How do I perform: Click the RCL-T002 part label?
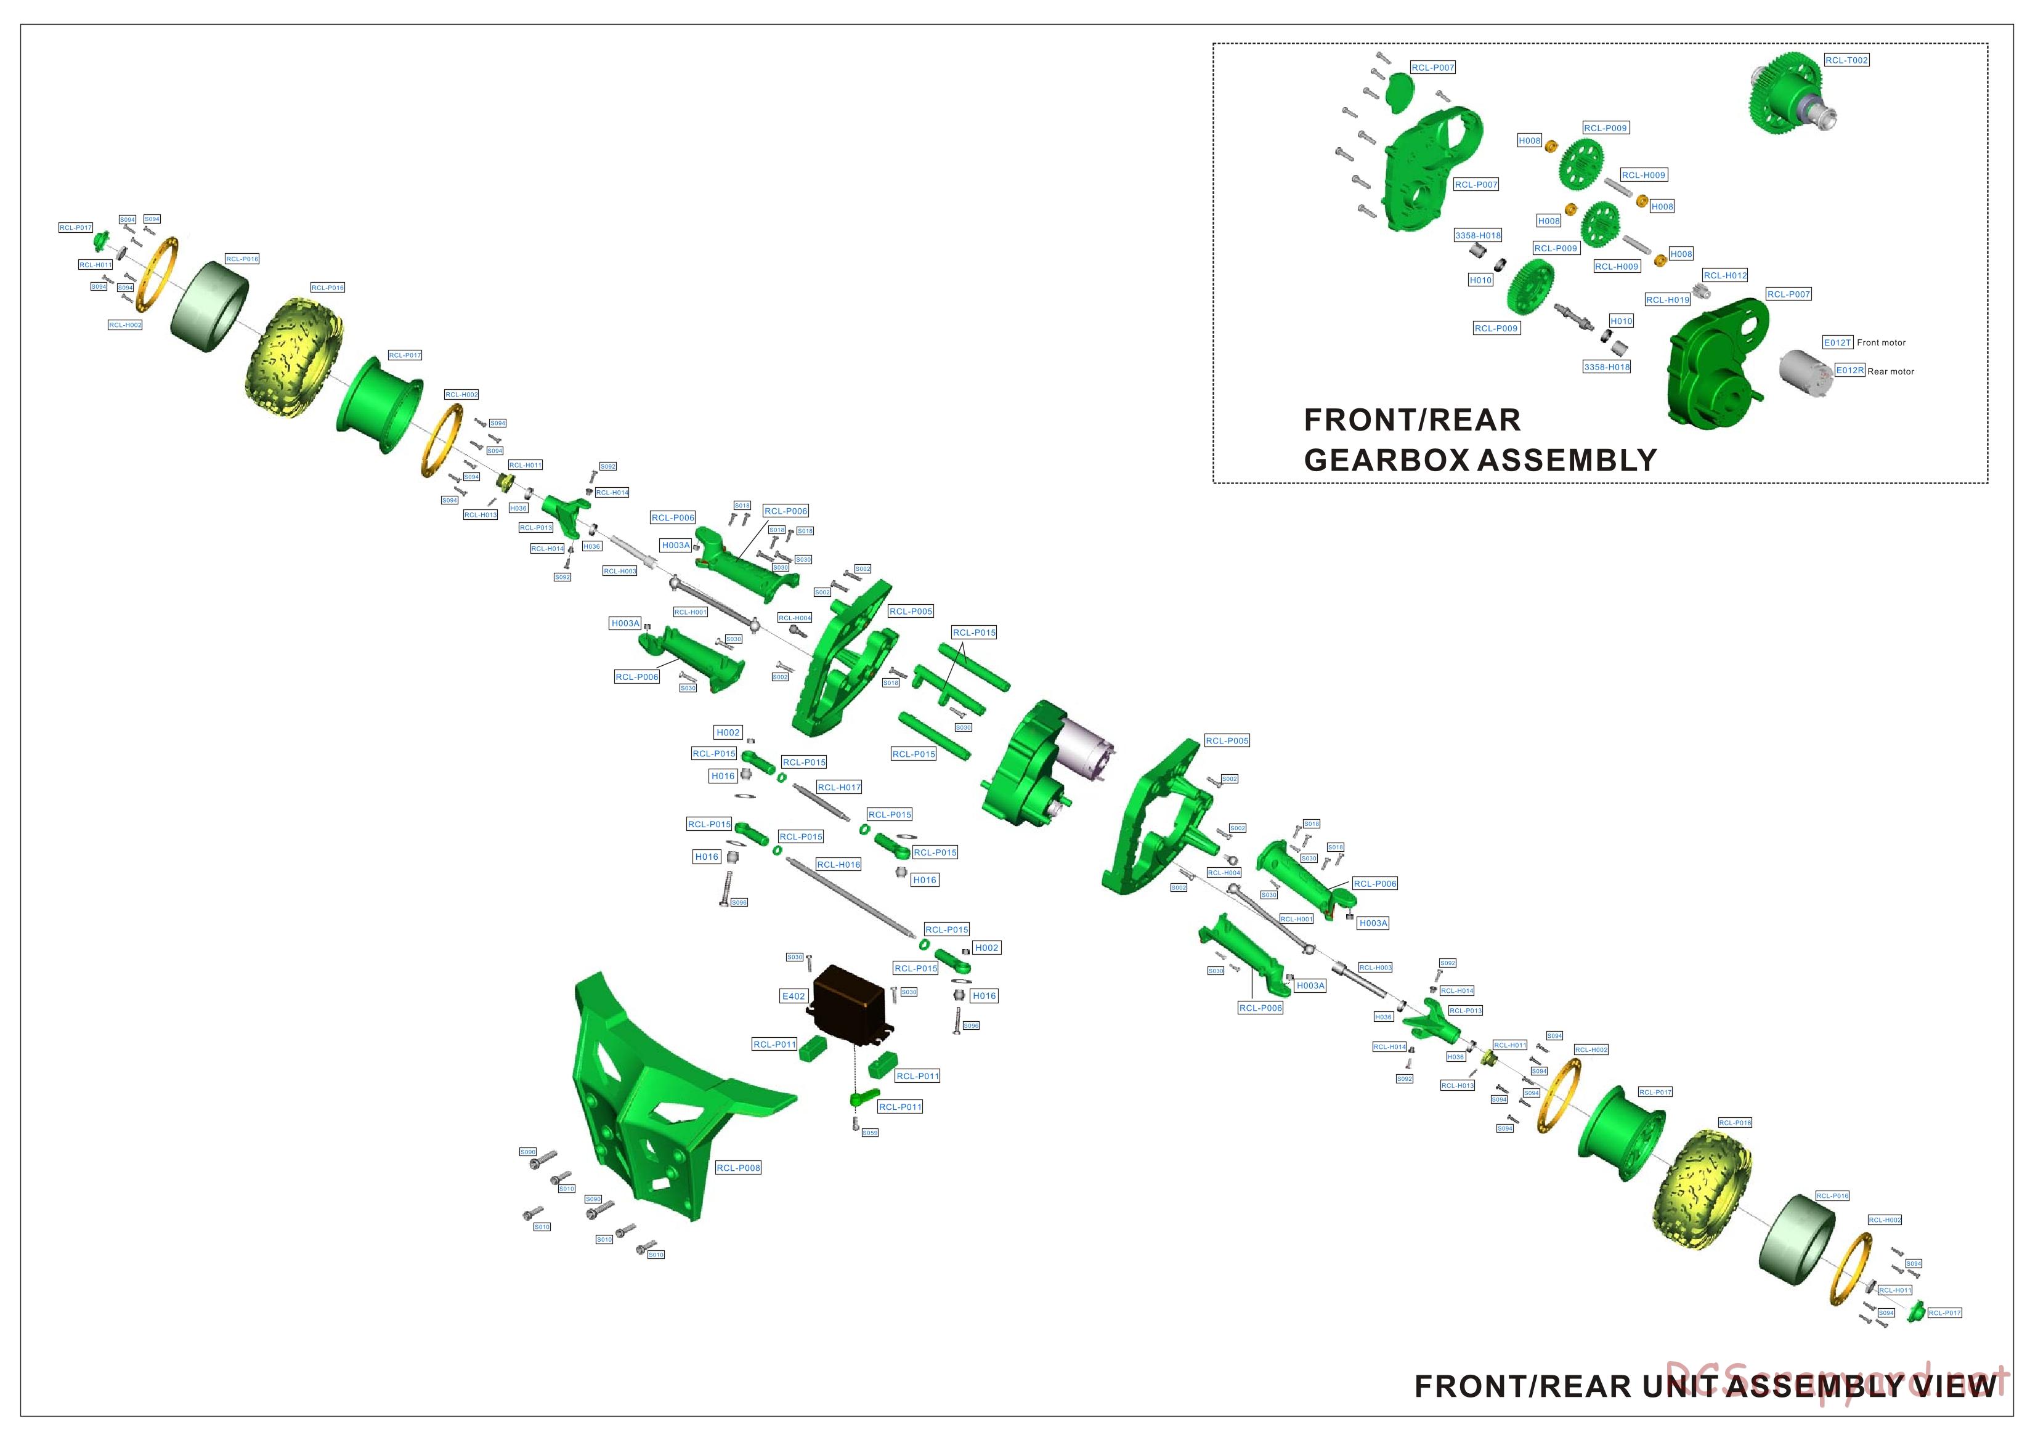tap(1846, 60)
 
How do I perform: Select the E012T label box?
tap(1837, 342)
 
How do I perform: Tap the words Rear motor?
tap(1891, 372)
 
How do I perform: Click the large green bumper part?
tap(657, 1091)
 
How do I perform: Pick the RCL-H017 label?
tap(839, 787)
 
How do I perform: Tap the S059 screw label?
tap(870, 1133)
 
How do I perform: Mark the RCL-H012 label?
tap(1724, 275)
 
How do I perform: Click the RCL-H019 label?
tap(1668, 300)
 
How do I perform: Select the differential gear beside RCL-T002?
tap(1788, 97)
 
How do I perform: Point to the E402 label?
tap(794, 997)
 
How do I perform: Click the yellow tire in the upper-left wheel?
tap(293, 346)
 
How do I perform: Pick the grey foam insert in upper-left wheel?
tap(209, 306)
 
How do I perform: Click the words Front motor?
tap(1881, 342)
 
